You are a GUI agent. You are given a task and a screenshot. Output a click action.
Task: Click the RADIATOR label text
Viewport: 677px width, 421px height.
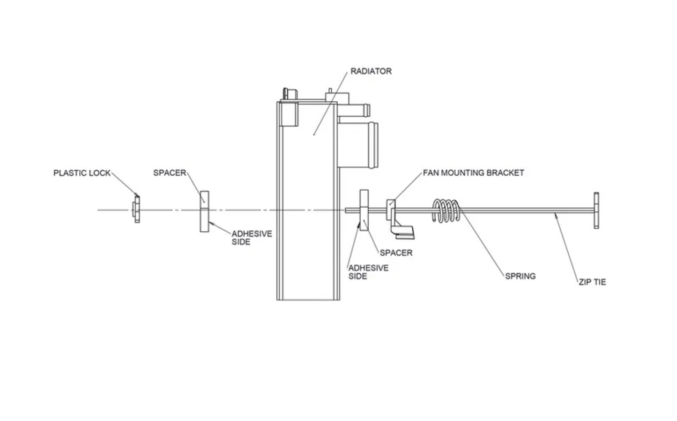pyautogui.click(x=371, y=71)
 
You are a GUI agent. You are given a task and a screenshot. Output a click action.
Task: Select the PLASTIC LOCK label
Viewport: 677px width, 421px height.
pyautogui.click(x=82, y=173)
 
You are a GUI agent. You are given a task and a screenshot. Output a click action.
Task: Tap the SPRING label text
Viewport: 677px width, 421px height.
pyautogui.click(x=520, y=276)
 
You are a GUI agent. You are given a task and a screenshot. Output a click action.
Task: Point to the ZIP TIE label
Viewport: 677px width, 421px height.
pyautogui.click(x=592, y=282)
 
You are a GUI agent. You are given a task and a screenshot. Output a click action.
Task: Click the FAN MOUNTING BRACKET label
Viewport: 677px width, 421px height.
pyautogui.click(x=473, y=173)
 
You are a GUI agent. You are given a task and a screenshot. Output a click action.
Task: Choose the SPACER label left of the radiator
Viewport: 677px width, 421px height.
pyautogui.click(x=170, y=173)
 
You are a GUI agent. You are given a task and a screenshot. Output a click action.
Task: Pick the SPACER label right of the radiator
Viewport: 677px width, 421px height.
pyautogui.click(x=396, y=253)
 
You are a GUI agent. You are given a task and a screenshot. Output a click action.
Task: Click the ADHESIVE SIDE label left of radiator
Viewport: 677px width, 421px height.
pyautogui.click(x=252, y=238)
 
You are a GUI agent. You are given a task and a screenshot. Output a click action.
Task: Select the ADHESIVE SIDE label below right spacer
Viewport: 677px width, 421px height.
pyautogui.click(x=368, y=272)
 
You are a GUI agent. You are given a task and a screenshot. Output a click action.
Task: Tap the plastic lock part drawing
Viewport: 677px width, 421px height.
pyautogui.click(x=136, y=210)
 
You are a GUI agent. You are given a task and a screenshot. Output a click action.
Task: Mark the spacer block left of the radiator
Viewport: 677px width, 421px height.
pyautogui.click(x=204, y=211)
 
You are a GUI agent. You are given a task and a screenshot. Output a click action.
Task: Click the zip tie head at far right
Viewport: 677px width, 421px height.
pyautogui.click(x=596, y=210)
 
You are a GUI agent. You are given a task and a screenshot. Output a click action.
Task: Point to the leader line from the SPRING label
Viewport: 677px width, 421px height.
pyautogui.click(x=483, y=244)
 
